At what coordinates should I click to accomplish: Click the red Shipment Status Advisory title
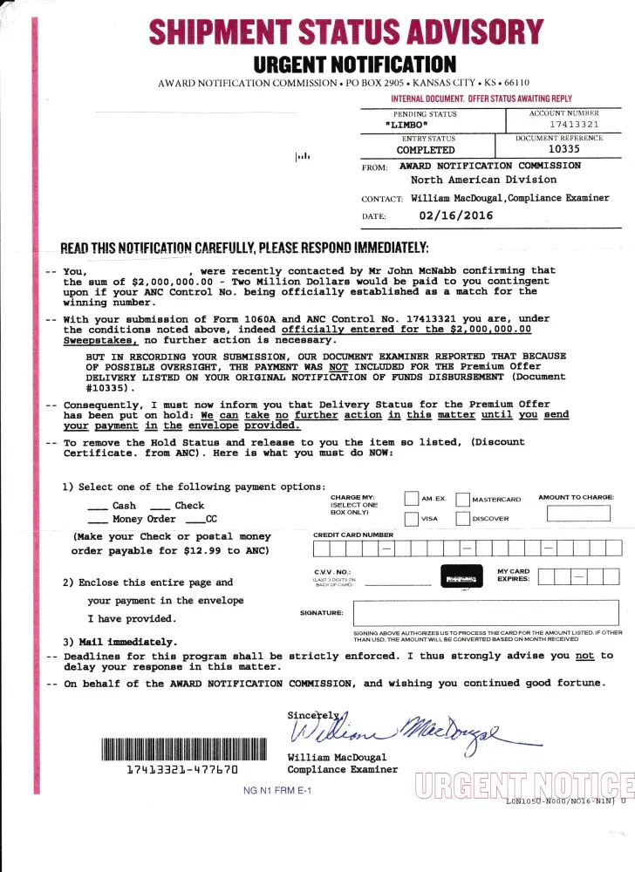pyautogui.click(x=346, y=33)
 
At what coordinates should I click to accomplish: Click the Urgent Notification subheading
pyautogui.click(x=354, y=65)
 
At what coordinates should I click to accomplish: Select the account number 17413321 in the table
pyautogui.click(x=573, y=125)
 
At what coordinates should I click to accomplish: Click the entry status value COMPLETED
pyautogui.click(x=426, y=150)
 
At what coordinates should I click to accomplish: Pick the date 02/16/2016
pyautogui.click(x=455, y=215)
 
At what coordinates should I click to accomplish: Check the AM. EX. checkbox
pyautogui.click(x=412, y=499)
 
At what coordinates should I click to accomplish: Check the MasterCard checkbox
pyautogui.click(x=462, y=499)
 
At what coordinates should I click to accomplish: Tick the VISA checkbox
pyautogui.click(x=412, y=519)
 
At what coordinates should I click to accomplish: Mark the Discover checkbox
pyautogui.click(x=462, y=519)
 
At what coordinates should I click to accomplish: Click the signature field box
pyautogui.click(x=485, y=612)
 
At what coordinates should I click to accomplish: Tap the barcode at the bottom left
pyautogui.click(x=182, y=749)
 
